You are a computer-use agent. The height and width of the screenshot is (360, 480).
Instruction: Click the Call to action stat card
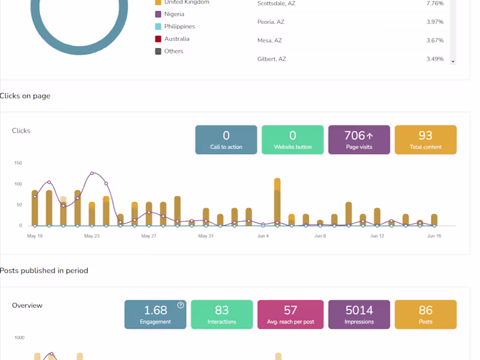tap(226, 140)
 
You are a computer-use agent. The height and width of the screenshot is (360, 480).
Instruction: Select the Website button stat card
tap(292, 140)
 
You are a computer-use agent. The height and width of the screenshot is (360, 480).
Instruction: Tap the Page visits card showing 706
tap(359, 140)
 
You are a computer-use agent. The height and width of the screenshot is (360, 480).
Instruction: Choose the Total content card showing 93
tap(425, 140)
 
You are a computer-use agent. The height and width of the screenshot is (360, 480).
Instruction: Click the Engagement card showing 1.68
tap(155, 314)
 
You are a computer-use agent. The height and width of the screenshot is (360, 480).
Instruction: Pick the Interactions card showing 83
tap(221, 314)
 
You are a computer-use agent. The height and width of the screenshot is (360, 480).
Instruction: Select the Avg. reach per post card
tap(290, 314)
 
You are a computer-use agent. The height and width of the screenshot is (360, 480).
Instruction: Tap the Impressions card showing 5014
tap(359, 314)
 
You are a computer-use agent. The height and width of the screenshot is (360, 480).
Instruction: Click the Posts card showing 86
tap(425, 314)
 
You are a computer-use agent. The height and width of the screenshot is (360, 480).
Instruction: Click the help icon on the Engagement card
tap(181, 305)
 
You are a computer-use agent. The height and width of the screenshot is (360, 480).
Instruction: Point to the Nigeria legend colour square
tap(158, 14)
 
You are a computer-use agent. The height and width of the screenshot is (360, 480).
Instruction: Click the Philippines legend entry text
tap(179, 26)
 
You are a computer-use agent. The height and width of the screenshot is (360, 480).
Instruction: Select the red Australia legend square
tap(158, 39)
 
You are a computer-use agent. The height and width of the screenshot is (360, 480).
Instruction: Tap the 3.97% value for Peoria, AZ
tap(434, 22)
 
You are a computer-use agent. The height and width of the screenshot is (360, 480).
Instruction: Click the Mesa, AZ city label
tap(269, 40)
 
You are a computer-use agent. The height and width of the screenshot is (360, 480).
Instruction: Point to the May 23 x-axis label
tap(92, 236)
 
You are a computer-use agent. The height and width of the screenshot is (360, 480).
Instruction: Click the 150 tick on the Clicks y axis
tap(18, 163)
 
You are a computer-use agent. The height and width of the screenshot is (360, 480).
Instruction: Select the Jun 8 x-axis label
tap(320, 236)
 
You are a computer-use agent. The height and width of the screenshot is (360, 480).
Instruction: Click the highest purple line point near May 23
tap(92, 173)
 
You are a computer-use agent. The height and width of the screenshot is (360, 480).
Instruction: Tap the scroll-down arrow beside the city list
tap(453, 62)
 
